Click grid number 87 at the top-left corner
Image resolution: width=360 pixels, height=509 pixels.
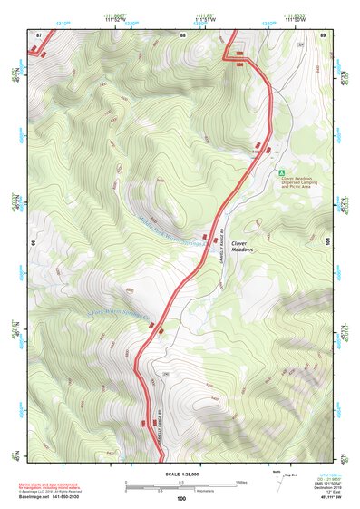coord(39,34)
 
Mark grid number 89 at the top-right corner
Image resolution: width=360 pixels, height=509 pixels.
coord(323,34)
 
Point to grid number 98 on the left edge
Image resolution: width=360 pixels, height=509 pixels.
coord(33,243)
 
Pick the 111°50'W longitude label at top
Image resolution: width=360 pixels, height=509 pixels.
coord(294,17)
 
